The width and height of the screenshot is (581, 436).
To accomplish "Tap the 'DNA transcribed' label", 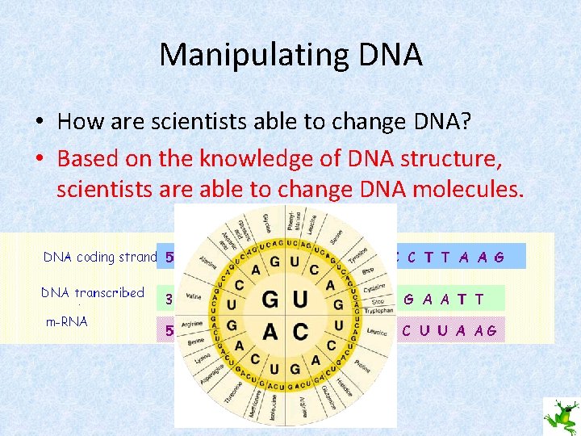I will (x=94, y=293).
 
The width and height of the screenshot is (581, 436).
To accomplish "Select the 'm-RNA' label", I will (x=66, y=321).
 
